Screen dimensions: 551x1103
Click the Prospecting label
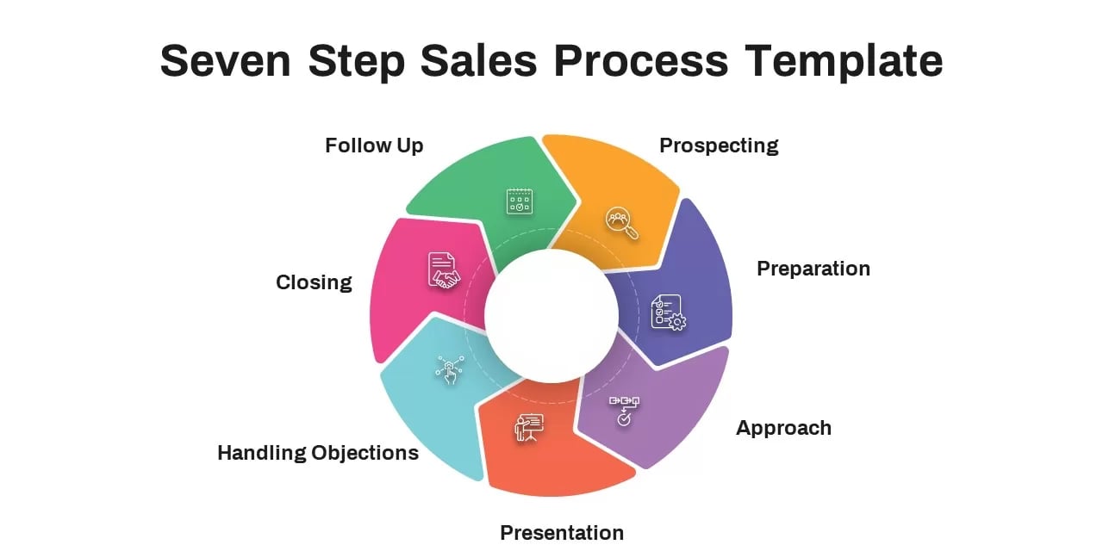click(x=719, y=145)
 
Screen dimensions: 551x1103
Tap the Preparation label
click(x=813, y=269)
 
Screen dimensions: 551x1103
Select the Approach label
click(x=783, y=428)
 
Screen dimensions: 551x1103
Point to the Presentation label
click(x=562, y=533)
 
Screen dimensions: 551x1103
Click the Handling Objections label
click(x=318, y=453)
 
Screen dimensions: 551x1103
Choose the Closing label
click(x=314, y=282)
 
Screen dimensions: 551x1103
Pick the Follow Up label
click(x=374, y=145)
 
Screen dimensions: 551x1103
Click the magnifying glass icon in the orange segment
click(x=621, y=223)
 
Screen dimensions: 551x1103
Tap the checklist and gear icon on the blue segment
click(x=668, y=313)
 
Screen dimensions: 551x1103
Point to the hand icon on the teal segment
click(x=450, y=369)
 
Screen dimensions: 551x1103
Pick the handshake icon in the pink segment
click(x=444, y=270)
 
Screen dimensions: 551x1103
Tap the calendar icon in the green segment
click(x=519, y=201)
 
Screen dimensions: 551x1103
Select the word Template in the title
click(x=844, y=61)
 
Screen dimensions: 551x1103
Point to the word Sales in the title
click(x=478, y=61)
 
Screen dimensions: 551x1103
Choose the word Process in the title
click(x=640, y=61)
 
